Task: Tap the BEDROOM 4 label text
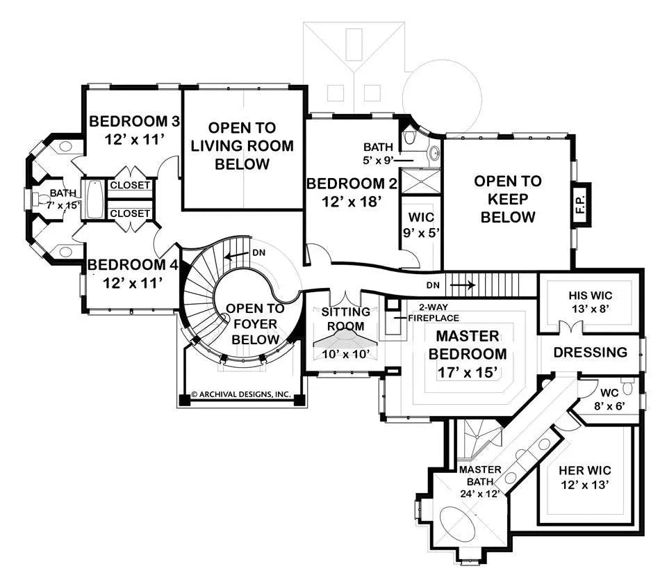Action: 131,273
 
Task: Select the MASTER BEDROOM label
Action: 470,354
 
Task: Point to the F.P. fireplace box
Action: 580,204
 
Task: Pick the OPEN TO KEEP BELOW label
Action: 507,199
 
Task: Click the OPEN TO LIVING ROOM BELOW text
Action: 242,146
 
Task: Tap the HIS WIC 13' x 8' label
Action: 590,301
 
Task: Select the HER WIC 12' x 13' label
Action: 584,478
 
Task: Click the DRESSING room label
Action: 590,352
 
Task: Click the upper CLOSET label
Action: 129,185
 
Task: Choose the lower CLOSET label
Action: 129,214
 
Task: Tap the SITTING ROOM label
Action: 345,319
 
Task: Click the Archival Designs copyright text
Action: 240,394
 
